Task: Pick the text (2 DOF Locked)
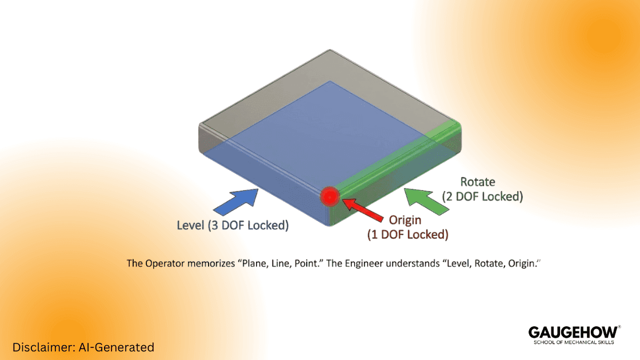pos(482,197)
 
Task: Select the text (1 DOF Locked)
pos(407,234)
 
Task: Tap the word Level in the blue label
pos(190,225)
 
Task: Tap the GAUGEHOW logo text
pos(573,332)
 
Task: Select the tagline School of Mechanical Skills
pos(573,342)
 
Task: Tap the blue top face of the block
pos(320,137)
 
